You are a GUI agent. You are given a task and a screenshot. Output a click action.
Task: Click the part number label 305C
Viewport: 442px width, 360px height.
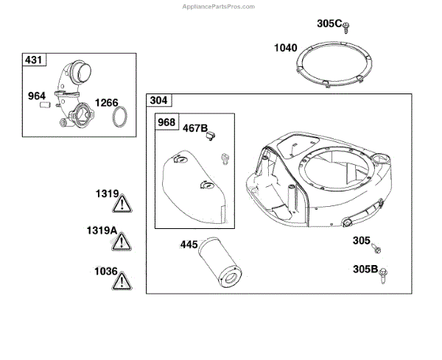[329, 24]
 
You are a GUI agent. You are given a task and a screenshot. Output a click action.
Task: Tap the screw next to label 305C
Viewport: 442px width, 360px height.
[346, 28]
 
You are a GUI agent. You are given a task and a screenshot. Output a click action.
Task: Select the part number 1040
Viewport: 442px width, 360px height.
[286, 48]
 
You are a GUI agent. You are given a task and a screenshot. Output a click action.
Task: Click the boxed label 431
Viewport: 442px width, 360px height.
[34, 60]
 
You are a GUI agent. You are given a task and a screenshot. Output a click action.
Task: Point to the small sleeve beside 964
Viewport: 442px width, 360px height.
[44, 105]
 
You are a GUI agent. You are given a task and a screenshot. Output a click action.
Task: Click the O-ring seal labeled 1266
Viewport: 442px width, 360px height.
[120, 116]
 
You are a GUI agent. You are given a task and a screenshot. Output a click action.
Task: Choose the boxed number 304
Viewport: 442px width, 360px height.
[158, 100]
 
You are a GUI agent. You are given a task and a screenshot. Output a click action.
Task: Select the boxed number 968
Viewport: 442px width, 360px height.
[166, 122]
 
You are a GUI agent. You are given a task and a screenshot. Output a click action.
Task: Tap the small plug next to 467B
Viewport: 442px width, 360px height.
[211, 135]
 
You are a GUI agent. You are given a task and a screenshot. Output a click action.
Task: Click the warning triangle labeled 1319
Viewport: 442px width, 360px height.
[122, 204]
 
